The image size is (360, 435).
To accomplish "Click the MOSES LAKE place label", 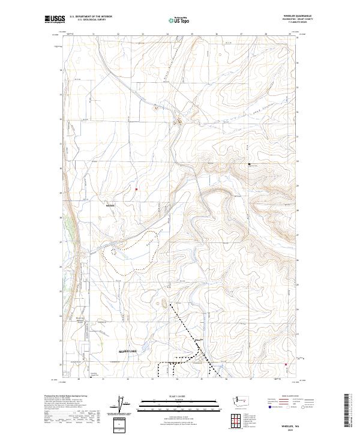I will click(128, 350).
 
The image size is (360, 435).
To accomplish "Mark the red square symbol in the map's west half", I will click(136, 190).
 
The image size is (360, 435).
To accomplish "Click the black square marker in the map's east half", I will click(250, 164).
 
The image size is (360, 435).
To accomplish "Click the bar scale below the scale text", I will click(179, 402).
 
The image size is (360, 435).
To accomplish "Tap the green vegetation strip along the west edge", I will click(73, 228).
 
